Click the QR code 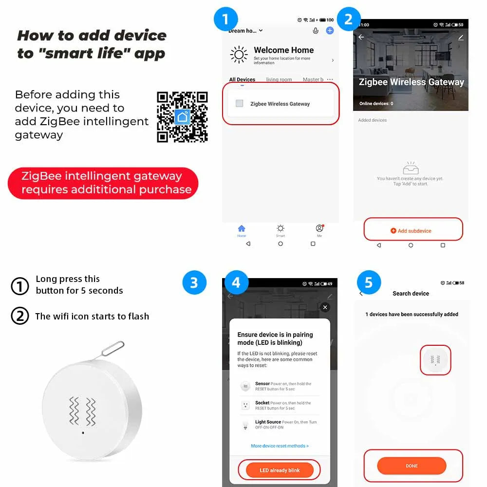click(182, 117)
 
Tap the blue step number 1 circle click(225, 19)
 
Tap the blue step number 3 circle click(194, 283)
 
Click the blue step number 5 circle click(369, 283)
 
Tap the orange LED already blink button click(280, 470)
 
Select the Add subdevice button click(413, 230)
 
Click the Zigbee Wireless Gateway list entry click(280, 104)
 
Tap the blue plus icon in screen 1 click(330, 31)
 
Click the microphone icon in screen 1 click(316, 31)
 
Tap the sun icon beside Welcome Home click(239, 55)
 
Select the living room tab click(279, 79)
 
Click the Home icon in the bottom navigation click(242, 229)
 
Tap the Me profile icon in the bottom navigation click(319, 229)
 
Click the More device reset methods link click(280, 446)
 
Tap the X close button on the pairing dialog click(325, 307)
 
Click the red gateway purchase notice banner click(103, 183)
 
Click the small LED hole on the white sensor click(83, 432)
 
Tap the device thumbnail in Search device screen click(435, 360)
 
